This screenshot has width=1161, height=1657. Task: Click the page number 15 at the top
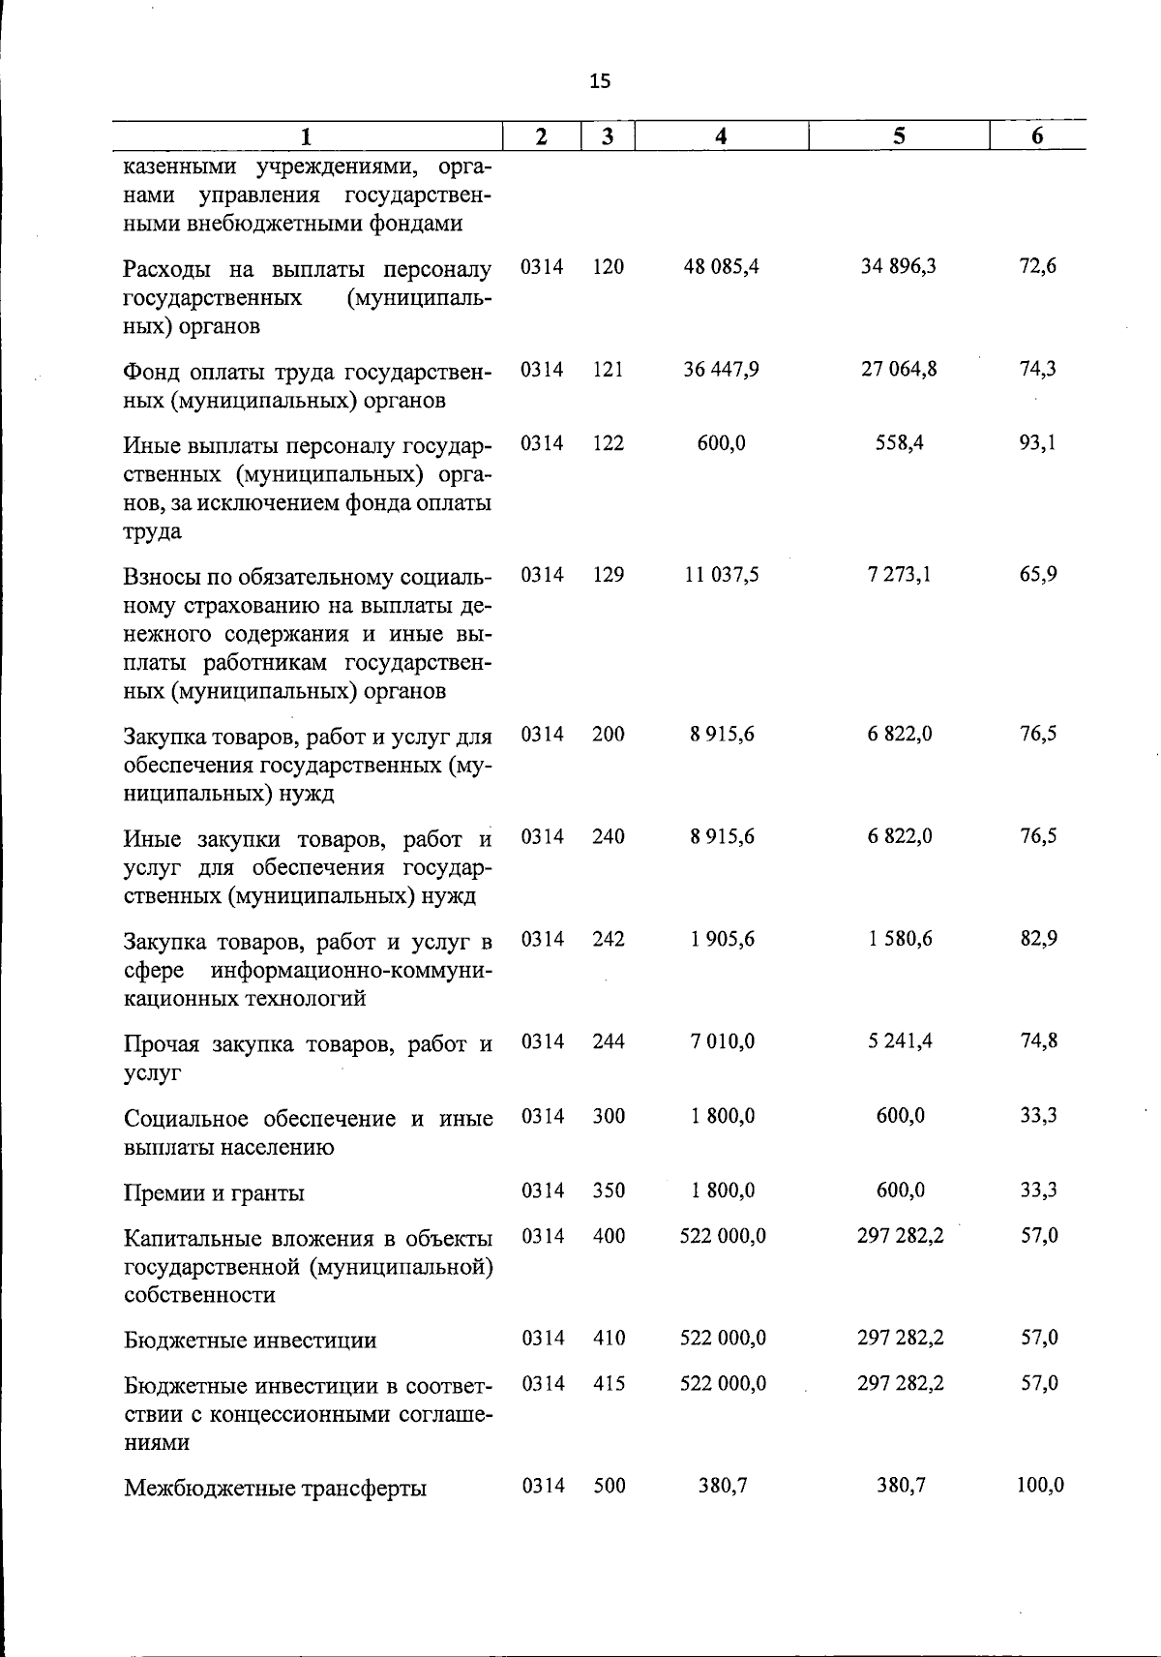(600, 81)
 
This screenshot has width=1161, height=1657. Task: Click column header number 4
(720, 136)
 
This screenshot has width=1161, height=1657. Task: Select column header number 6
(1037, 136)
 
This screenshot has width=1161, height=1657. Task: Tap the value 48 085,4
(721, 266)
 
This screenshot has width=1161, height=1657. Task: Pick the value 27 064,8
(899, 369)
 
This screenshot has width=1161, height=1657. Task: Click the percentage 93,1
(1038, 443)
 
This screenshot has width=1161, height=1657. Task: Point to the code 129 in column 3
(609, 575)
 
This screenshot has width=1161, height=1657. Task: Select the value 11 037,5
(721, 575)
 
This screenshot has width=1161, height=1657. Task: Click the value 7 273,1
(899, 575)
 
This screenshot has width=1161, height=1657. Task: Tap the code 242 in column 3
(609, 939)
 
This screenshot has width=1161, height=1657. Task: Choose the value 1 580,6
(899, 939)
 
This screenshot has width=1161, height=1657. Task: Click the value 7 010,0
(722, 1041)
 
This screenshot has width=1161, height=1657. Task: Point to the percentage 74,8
(1038, 1041)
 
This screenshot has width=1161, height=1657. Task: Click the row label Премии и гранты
(214, 1192)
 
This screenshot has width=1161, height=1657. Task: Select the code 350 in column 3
(609, 1190)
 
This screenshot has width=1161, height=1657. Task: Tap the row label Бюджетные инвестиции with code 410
(250, 1341)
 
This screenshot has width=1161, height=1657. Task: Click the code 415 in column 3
(609, 1384)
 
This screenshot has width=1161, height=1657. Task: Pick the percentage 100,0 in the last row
(1040, 1486)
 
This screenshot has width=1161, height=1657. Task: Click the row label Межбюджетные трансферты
(275, 1488)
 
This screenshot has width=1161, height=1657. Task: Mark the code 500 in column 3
(609, 1486)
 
